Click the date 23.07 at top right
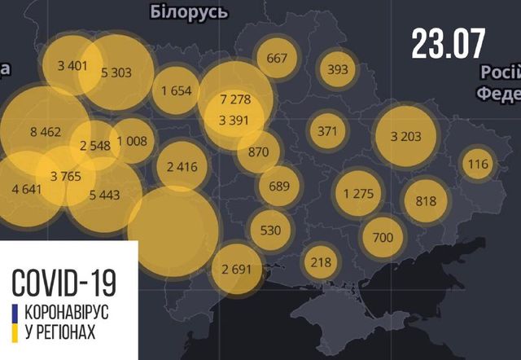coord(449,42)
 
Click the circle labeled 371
coord(326,130)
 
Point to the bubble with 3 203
coord(405,136)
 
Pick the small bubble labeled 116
coord(478,165)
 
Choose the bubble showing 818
coord(426,201)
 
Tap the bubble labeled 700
coord(383,238)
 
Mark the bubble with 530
coord(270,230)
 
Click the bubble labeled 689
coord(279,186)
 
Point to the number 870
coord(259,151)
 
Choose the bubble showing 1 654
coord(177,90)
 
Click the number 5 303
coord(116,72)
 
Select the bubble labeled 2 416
coord(182,168)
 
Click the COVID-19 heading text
coord(63,282)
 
